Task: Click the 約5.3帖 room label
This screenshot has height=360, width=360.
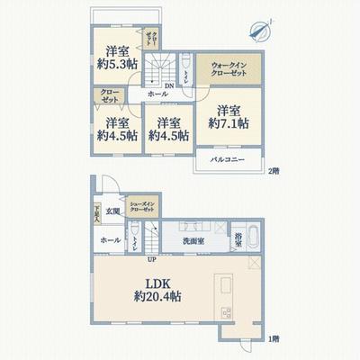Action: pos(118,57)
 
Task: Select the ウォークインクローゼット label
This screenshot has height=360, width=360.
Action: pos(231,68)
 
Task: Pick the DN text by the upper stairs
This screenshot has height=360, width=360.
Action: pos(143,86)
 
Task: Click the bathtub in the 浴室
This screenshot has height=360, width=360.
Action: pos(251,238)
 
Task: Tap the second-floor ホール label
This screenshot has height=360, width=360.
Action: pos(157,94)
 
